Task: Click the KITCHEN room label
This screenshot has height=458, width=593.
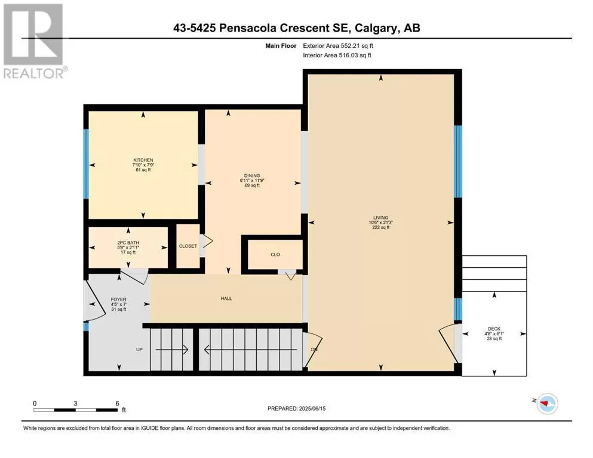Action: [143, 160]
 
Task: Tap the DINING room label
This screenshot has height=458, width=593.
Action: [252, 175]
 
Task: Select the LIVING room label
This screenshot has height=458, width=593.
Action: [381, 218]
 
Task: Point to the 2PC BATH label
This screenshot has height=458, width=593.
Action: [128, 243]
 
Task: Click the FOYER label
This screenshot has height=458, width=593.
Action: [118, 299]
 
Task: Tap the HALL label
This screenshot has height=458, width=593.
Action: [226, 298]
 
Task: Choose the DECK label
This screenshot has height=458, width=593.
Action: [494, 329]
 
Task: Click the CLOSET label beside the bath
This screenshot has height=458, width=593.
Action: [188, 246]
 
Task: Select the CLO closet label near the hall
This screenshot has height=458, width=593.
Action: [275, 255]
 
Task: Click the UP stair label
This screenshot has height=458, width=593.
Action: [139, 349]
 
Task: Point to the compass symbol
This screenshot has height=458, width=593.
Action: [547, 403]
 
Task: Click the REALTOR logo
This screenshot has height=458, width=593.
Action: [35, 41]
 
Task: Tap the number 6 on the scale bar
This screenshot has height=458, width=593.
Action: [117, 403]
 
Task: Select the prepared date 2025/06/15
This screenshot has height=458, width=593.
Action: [312, 409]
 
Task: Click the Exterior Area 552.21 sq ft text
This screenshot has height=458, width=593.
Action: [338, 46]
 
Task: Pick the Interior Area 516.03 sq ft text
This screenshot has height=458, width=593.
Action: [337, 55]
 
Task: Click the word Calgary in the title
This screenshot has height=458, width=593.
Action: [376, 28]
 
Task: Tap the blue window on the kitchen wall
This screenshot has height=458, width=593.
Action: [86, 164]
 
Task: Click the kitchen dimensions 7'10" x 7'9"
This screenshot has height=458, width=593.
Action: [143, 165]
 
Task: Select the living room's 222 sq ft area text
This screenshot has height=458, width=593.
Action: [381, 227]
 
